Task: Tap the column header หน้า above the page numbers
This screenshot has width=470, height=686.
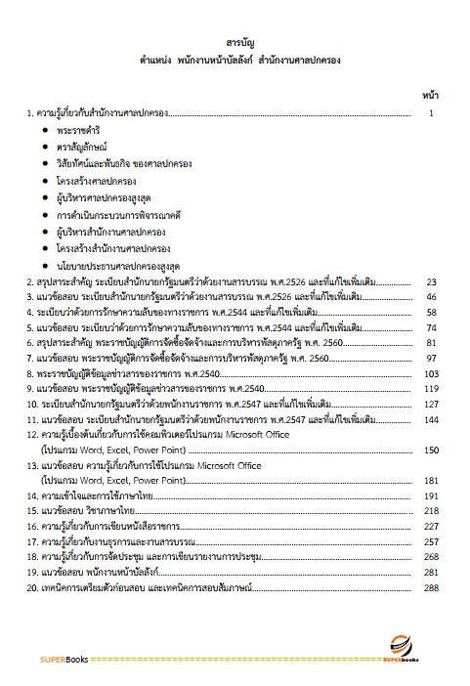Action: [x=430, y=98]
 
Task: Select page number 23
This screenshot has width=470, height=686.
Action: [x=431, y=283]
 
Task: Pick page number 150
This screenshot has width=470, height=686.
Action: [x=430, y=448]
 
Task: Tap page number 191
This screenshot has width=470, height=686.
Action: [x=430, y=495]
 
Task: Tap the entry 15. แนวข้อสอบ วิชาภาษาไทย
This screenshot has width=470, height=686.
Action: [x=88, y=511]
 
